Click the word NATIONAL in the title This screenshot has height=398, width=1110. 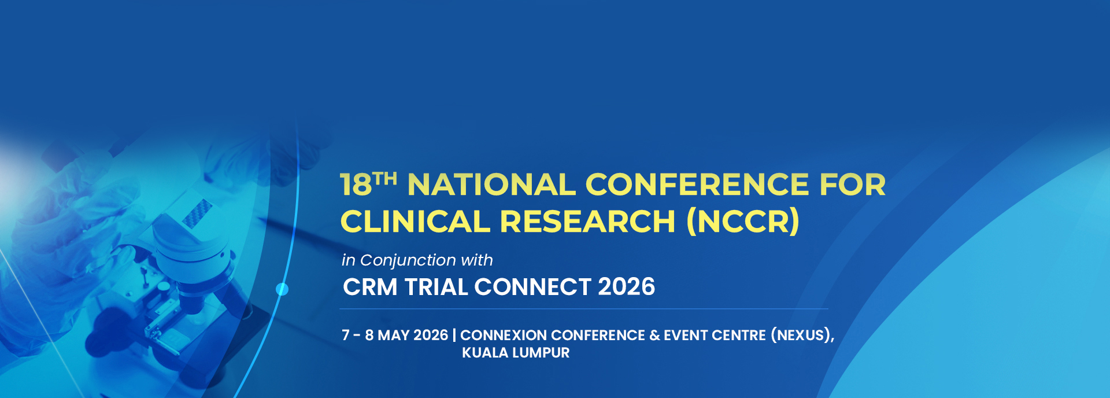point(491,185)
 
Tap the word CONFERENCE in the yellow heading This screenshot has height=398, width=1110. point(697,185)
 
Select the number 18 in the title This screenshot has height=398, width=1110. point(356,185)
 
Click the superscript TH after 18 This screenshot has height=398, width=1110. point(385,178)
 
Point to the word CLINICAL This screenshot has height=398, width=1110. point(415,222)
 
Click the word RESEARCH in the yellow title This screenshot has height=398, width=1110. point(587,222)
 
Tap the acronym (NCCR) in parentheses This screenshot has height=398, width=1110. point(743,222)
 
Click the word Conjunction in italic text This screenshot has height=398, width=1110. point(408,261)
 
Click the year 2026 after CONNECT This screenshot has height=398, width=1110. point(626,287)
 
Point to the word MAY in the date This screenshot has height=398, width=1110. point(394,336)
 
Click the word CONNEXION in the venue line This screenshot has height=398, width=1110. point(504,336)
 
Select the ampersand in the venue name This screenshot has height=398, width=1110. point(654,336)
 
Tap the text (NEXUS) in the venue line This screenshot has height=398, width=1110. point(801,336)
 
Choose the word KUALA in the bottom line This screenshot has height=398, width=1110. point(485,353)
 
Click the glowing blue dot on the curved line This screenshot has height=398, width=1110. point(282,289)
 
